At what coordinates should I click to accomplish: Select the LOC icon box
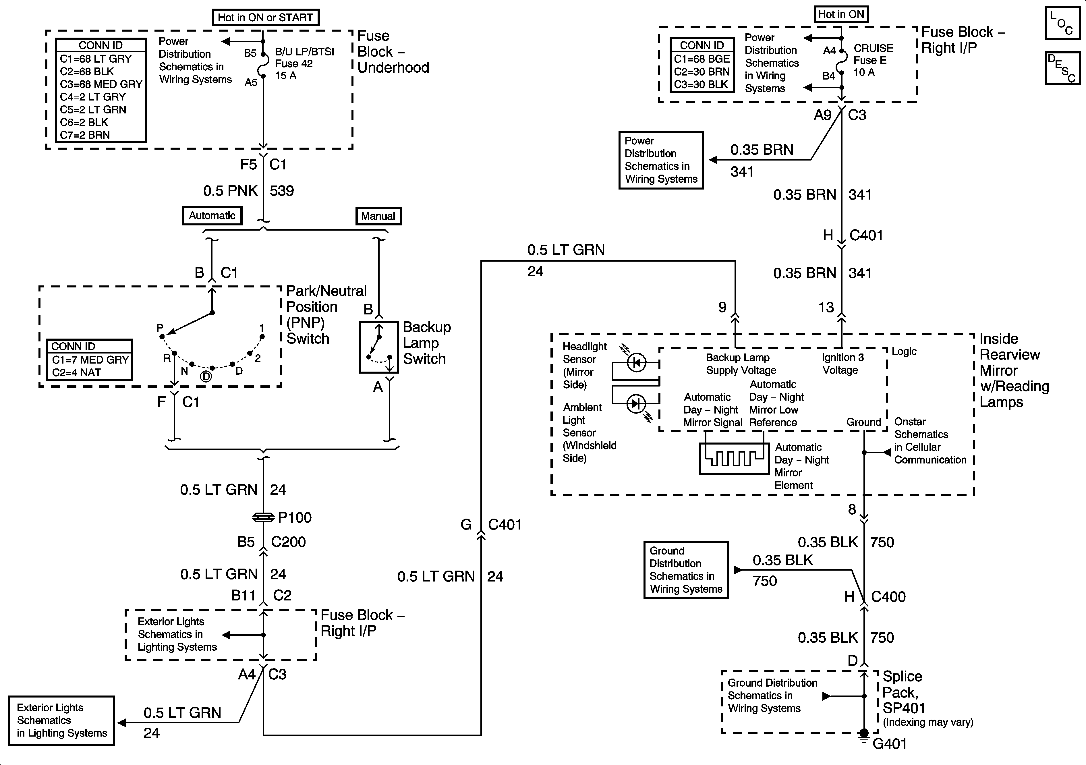click(x=1062, y=23)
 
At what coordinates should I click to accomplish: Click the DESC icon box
click(x=1062, y=68)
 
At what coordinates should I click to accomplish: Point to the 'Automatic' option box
click(x=212, y=216)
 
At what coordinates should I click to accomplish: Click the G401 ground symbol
click(x=864, y=735)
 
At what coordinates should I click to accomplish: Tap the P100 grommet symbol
click(x=263, y=517)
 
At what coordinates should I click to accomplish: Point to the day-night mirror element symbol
click(x=734, y=458)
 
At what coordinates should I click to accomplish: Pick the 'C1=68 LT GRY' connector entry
click(x=96, y=59)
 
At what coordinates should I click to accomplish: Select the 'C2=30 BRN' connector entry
click(x=702, y=72)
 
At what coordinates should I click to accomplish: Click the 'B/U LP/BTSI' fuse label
click(x=305, y=52)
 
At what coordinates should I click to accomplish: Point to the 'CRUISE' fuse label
click(x=873, y=48)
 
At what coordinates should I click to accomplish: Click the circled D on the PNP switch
click(x=206, y=376)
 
